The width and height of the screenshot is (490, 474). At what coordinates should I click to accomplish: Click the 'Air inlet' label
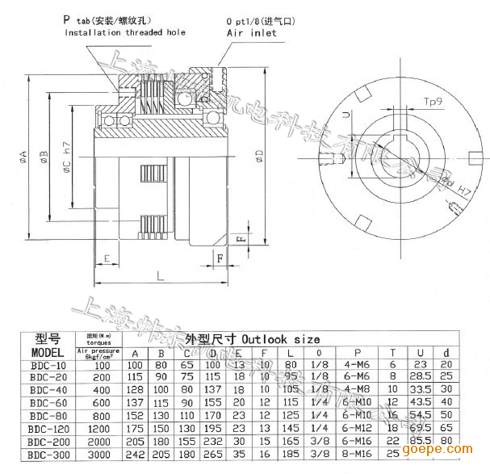pyautogui.click(x=251, y=33)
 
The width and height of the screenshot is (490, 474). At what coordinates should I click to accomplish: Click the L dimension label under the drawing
pyautogui.click(x=160, y=275)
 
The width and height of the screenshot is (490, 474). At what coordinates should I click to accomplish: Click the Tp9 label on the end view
pyautogui.click(x=434, y=103)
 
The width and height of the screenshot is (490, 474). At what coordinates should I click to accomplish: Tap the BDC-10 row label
pyautogui.click(x=48, y=365)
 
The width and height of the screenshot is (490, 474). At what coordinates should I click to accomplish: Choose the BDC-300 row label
pyautogui.click(x=48, y=455)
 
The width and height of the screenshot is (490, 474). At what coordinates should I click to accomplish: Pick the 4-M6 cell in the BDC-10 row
pyautogui.click(x=356, y=365)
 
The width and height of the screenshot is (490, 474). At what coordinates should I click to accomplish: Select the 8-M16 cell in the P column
pyautogui.click(x=356, y=455)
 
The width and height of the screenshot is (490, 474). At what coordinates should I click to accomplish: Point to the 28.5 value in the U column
pyautogui.click(x=418, y=377)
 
